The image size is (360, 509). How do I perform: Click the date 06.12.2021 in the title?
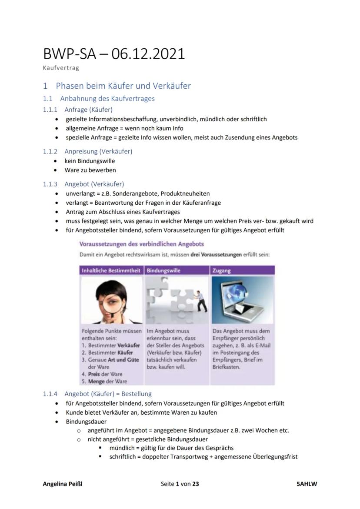148,54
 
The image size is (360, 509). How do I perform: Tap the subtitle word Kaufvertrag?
61,68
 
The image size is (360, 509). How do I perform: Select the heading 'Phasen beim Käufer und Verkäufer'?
123,86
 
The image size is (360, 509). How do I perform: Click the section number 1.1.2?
50,151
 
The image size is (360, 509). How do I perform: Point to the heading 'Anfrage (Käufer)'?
88,110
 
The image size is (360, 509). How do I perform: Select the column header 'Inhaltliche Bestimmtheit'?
111,270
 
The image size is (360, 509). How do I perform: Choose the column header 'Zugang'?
221,270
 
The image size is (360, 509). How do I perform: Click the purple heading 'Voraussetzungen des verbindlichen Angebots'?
142,244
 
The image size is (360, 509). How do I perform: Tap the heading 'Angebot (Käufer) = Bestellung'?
108,394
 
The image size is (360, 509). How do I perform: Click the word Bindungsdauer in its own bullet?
86,422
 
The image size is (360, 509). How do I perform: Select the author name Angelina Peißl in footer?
62,483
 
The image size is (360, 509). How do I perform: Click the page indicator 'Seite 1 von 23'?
180,483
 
